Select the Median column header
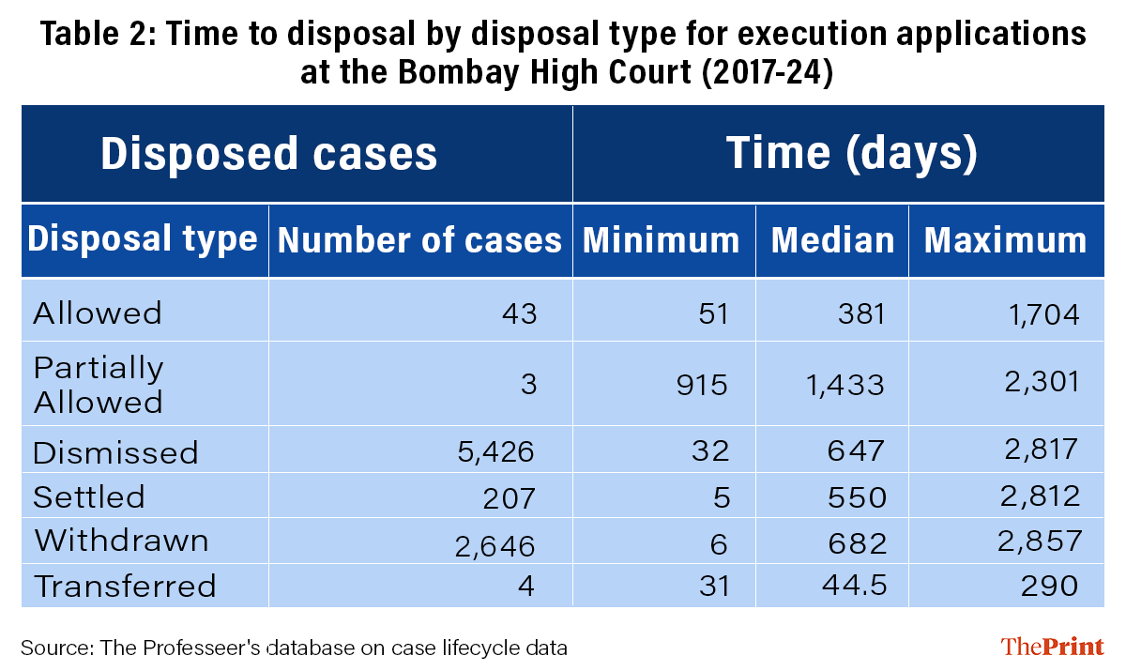click(x=832, y=240)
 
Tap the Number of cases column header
click(x=419, y=240)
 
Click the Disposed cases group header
click(x=268, y=153)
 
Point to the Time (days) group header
click(x=851, y=153)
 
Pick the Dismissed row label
click(x=115, y=452)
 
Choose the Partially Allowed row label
click(x=99, y=385)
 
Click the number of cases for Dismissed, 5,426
click(x=497, y=451)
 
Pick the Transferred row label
click(x=125, y=587)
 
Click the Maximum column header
click(x=1005, y=240)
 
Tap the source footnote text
click(x=294, y=648)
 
